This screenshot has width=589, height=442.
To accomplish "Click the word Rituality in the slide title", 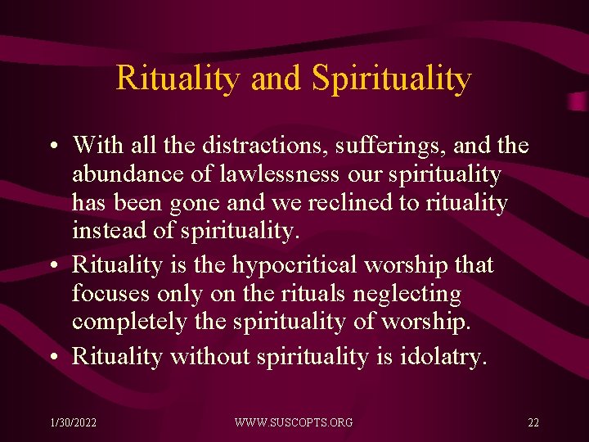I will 179,78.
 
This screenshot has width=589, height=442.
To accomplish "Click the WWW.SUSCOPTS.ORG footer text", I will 294,422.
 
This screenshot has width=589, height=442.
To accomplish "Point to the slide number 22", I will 533,422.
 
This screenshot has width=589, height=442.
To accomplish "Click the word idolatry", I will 445,357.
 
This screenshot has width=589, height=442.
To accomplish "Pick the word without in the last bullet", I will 211,357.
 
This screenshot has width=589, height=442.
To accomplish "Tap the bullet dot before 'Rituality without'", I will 52,358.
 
